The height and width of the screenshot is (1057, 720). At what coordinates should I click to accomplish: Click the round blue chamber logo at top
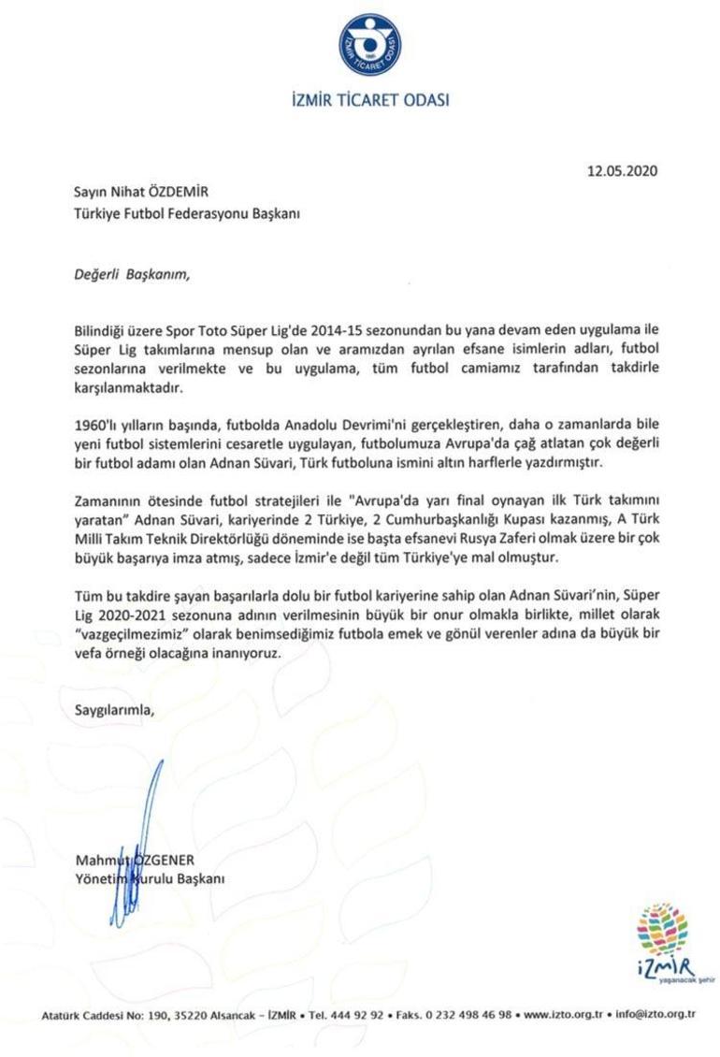tap(370, 47)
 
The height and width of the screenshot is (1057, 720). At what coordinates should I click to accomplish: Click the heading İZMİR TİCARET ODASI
tap(370, 99)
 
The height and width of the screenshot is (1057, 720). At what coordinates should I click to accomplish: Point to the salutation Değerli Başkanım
tap(132, 274)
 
